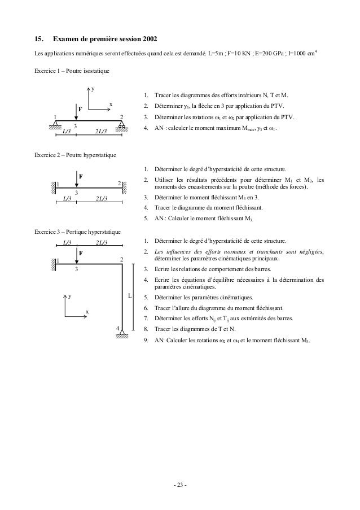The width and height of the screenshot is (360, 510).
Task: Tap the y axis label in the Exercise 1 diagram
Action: pos(94,89)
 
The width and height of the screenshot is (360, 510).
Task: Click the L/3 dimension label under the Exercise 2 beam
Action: pos(65,198)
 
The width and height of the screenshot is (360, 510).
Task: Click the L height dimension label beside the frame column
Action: pos(129,296)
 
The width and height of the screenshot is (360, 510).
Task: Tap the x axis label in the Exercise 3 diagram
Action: pos(87,312)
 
